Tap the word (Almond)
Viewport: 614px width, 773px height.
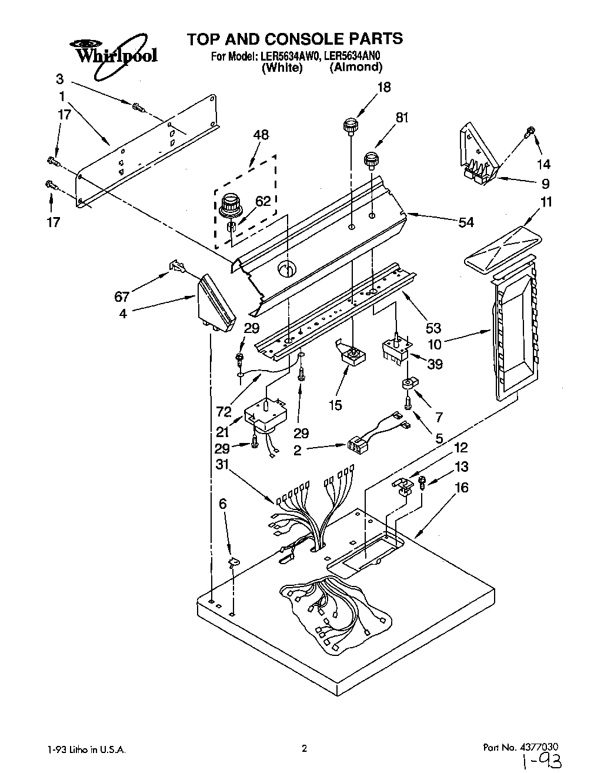pyautogui.click(x=356, y=67)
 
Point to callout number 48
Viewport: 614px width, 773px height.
pyautogui.click(x=261, y=135)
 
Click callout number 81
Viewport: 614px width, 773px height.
pyautogui.click(x=402, y=118)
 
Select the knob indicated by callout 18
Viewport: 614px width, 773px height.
pyautogui.click(x=351, y=125)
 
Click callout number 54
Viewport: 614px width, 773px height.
pyautogui.click(x=466, y=222)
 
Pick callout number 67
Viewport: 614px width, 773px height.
pyautogui.click(x=122, y=296)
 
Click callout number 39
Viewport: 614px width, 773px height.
pyautogui.click(x=435, y=364)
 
